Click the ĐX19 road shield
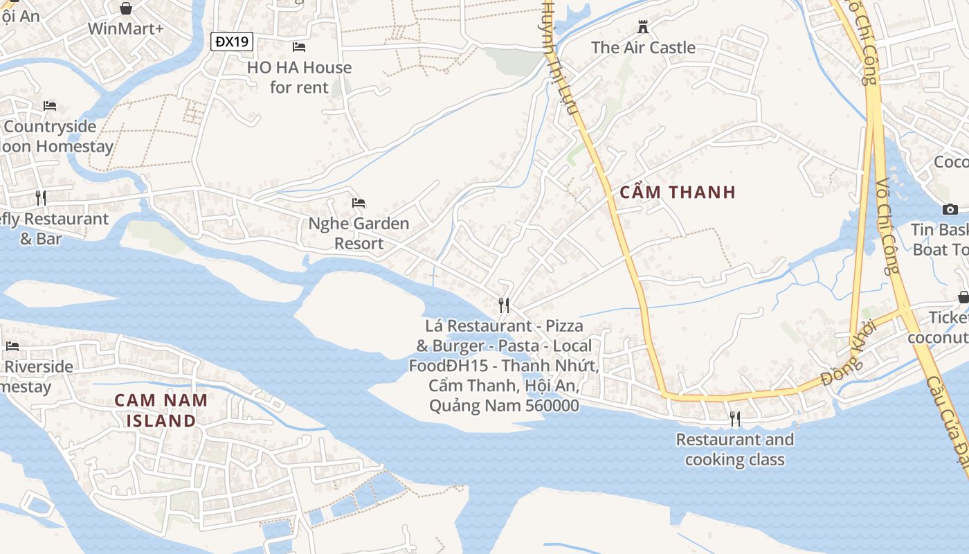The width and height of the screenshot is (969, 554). tap(232, 42)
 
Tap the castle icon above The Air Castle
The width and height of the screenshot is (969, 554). tap(644, 27)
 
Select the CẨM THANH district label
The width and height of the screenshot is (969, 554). tap(678, 193)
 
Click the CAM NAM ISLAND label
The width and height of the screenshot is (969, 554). tap(161, 410)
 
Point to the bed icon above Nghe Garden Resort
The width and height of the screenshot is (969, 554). tap(359, 203)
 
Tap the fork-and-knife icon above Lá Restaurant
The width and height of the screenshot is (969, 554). tap(504, 305)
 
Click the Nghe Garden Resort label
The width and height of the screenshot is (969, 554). tap(359, 233)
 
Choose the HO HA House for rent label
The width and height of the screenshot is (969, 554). tap(300, 77)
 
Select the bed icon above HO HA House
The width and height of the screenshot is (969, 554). tap(299, 47)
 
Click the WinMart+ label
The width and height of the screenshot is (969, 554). tap(125, 28)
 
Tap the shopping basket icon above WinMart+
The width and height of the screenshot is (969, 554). tap(125, 8)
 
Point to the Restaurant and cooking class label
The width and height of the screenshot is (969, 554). tap(735, 449)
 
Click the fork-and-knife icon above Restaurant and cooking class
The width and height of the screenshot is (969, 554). tap(735, 418)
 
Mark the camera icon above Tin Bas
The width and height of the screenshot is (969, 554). tap(950, 209)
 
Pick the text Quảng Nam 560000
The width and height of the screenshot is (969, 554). tap(504, 406)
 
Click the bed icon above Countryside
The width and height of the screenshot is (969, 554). tap(50, 106)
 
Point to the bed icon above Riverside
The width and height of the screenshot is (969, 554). tap(12, 346)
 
